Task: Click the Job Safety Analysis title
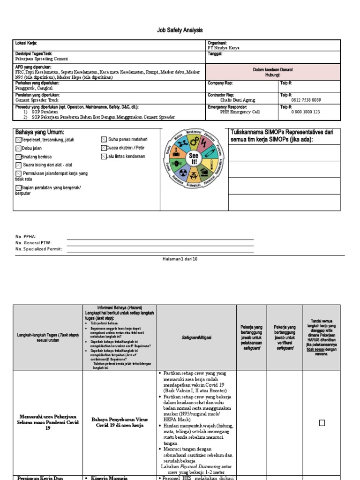click(x=180, y=30)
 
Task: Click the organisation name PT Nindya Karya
click(x=226, y=48)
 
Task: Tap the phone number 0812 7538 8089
click(x=306, y=100)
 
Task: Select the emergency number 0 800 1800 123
click(x=306, y=112)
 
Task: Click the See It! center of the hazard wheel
click(x=194, y=158)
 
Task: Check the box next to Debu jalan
click(x=18, y=148)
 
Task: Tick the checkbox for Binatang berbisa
click(x=18, y=157)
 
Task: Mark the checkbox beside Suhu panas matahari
click(x=104, y=140)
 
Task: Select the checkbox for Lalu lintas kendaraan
click(x=104, y=157)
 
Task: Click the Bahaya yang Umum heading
click(x=39, y=132)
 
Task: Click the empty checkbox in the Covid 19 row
click(x=322, y=423)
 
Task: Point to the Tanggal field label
click(x=215, y=53)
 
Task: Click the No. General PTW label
click(x=33, y=243)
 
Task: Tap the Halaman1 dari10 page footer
click(x=179, y=259)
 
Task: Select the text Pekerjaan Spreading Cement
click(x=42, y=59)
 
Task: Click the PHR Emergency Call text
click(x=240, y=112)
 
